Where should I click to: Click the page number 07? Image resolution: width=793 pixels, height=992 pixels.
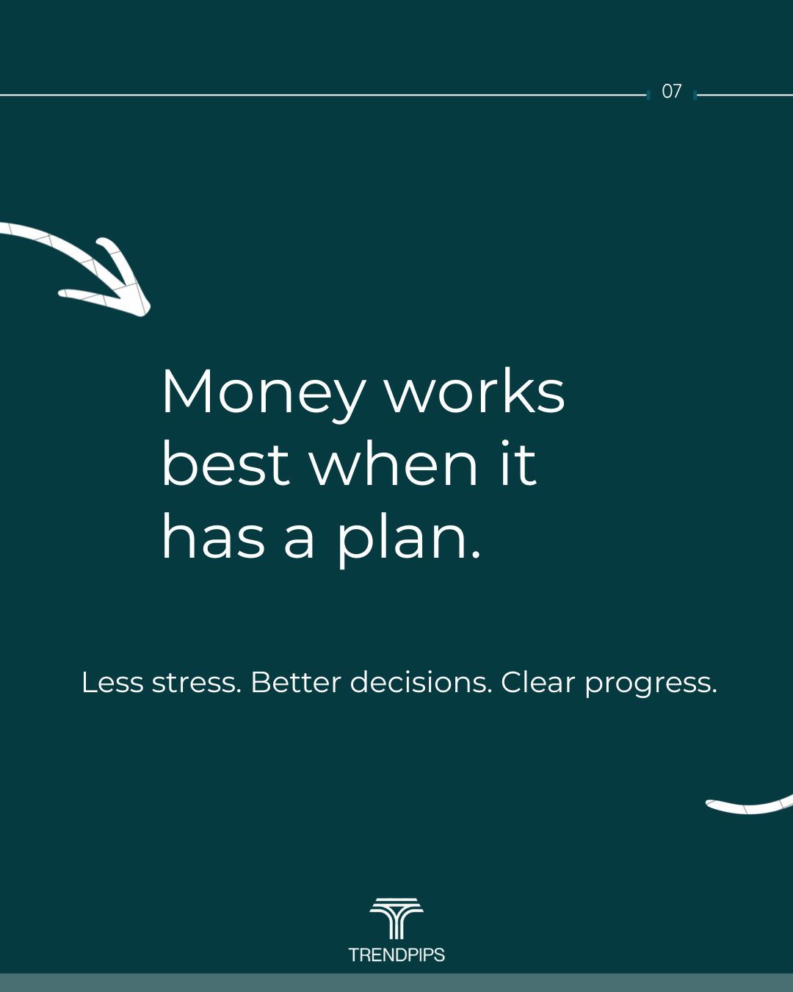click(671, 92)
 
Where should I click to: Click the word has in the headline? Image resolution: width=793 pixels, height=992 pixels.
click(214, 535)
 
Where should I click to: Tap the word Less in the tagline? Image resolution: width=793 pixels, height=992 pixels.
click(112, 682)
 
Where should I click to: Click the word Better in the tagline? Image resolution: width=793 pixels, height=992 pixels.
click(296, 682)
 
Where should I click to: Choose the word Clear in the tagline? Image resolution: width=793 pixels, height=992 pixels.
click(538, 682)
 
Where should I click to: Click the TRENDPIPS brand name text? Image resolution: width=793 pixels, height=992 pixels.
click(396, 955)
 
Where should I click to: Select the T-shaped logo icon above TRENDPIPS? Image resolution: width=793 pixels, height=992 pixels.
click(396, 919)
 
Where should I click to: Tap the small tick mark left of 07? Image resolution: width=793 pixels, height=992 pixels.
click(649, 96)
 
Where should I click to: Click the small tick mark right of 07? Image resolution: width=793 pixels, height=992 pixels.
click(695, 96)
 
